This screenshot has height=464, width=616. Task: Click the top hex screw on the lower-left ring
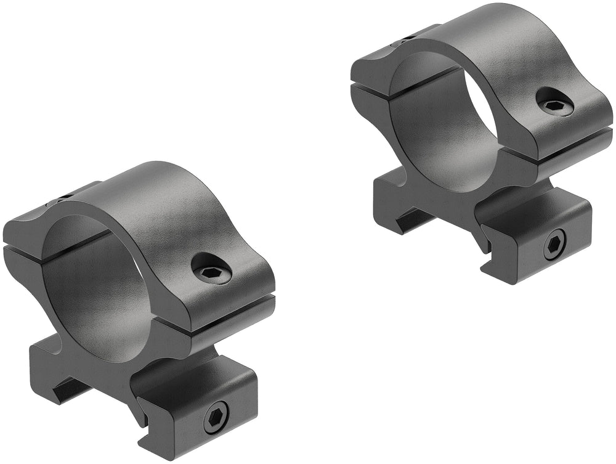tap(211, 269)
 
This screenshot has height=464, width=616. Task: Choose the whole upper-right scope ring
tap(480, 142)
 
